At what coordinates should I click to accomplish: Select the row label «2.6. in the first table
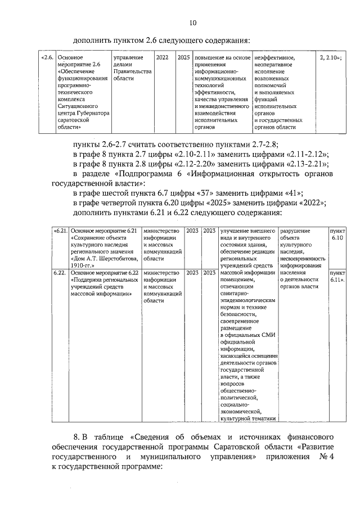pyautogui.click(x=48, y=58)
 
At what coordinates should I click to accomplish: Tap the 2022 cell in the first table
pyautogui.click(x=161, y=58)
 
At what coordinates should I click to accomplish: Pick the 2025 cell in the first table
pyautogui.click(x=183, y=58)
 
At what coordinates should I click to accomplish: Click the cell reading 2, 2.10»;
pyautogui.click(x=330, y=58)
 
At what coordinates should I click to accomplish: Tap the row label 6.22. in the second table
pyautogui.click(x=60, y=272)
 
